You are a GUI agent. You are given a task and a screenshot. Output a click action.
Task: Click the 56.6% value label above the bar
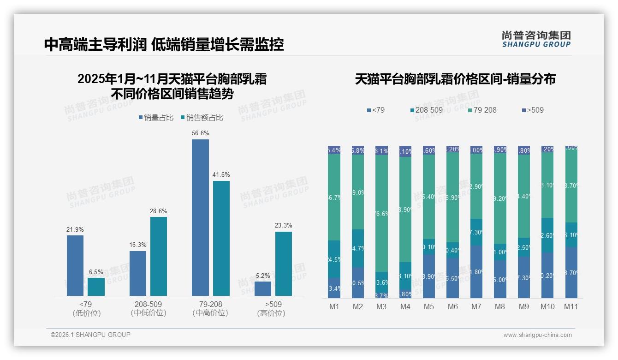(x=200, y=133)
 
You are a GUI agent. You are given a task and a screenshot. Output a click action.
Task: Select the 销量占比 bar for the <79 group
(x=75, y=265)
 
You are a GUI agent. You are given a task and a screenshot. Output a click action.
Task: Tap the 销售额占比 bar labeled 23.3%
(x=283, y=264)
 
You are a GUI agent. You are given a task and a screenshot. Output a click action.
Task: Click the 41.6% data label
(x=221, y=175)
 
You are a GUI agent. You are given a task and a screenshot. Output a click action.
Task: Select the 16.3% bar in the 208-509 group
(x=138, y=273)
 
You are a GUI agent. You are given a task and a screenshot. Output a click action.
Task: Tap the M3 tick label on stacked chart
(x=381, y=307)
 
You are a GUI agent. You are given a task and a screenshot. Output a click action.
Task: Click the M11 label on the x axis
(x=571, y=307)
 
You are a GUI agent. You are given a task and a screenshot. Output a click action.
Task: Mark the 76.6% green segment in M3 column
(x=381, y=213)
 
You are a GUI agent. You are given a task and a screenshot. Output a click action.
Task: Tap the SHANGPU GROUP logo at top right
(x=536, y=39)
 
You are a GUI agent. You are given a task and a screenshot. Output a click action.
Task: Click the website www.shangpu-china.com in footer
(x=537, y=335)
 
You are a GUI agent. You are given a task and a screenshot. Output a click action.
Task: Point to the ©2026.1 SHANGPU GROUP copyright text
(x=90, y=335)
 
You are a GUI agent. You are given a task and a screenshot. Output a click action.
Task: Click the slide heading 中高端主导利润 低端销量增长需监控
(x=164, y=44)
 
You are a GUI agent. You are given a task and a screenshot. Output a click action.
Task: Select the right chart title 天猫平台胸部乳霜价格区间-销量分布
(x=455, y=79)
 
